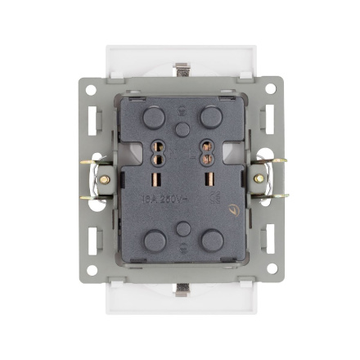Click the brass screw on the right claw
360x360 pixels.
coord(259,177)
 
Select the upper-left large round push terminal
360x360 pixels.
coord(153,119)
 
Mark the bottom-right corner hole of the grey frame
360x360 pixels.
coord(272,269)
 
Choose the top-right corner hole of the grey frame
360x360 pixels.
coord(272,89)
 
